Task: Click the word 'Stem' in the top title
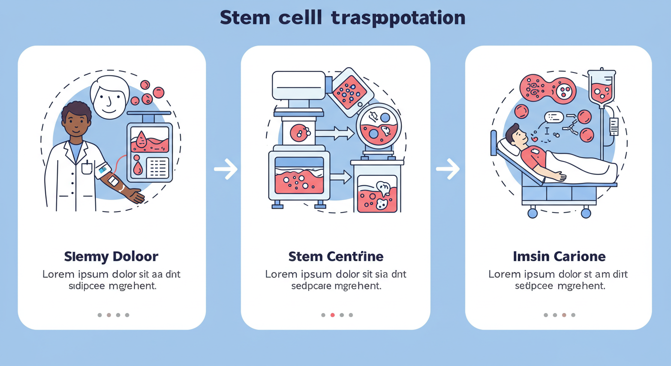pos(241,18)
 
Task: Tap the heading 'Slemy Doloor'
pos(111,257)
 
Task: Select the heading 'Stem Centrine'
pos(335,257)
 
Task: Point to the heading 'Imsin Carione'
pos(559,257)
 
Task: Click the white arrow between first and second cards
pos(225,169)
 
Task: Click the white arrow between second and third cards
pos(448,169)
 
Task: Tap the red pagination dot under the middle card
pos(333,315)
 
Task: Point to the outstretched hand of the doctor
pos(135,196)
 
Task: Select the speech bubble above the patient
pos(554,117)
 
